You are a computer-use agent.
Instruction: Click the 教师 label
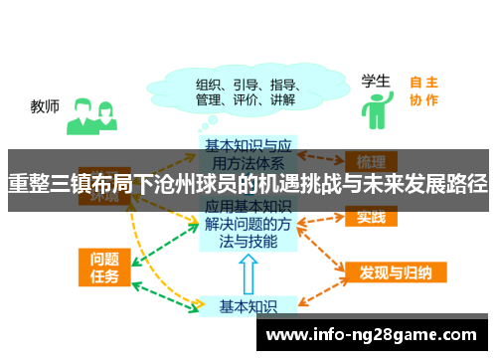[45, 105]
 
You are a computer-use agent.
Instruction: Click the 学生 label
[376, 81]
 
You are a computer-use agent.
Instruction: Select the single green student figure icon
[376, 110]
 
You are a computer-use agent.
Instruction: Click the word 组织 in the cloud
[208, 84]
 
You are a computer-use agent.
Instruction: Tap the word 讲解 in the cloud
[281, 99]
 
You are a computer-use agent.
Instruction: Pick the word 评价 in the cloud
[245, 99]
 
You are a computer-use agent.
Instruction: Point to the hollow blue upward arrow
[249, 272]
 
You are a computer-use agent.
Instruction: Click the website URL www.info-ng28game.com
[373, 334]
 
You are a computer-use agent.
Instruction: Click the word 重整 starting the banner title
[28, 184]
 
